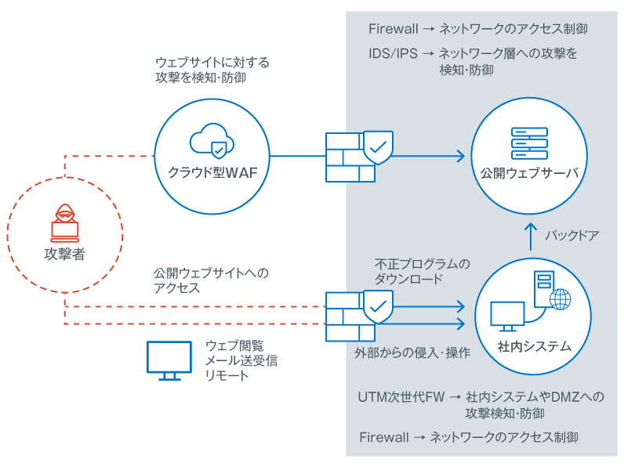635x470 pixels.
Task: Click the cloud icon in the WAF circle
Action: coord(212,141)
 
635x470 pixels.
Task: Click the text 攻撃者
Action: coord(64,254)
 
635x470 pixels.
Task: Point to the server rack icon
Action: coord(529,143)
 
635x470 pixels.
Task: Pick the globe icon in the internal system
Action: coord(560,298)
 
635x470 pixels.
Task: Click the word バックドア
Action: coord(571,233)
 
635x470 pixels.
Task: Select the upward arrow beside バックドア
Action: coord(531,233)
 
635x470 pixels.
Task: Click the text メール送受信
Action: coord(241,360)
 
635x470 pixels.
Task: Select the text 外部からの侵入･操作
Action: coord(412,352)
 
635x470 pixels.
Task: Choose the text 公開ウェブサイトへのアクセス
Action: coord(211,280)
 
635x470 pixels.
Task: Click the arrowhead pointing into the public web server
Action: coord(463,157)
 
